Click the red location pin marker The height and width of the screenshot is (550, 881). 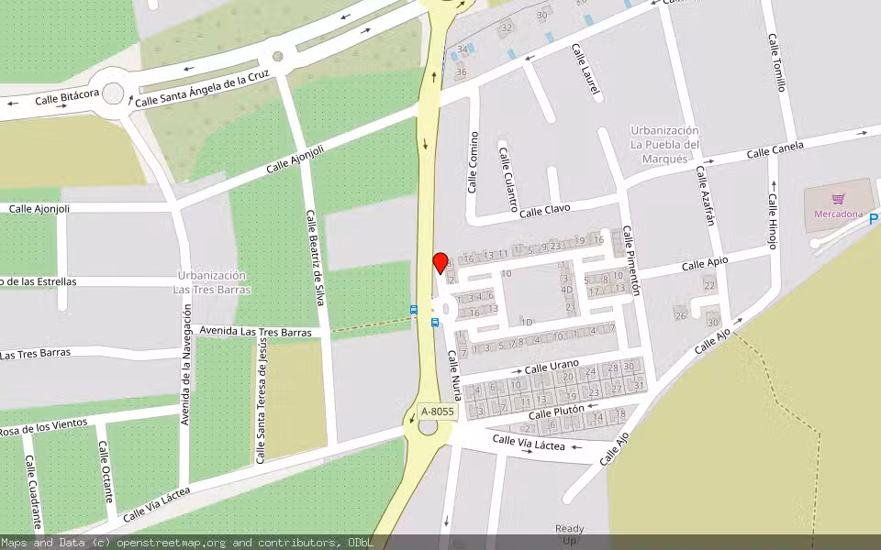(440, 263)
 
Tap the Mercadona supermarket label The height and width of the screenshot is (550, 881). (838, 214)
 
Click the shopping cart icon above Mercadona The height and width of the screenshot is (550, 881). (838, 198)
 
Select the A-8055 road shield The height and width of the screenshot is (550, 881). (437, 412)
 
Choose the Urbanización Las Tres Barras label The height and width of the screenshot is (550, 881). (211, 282)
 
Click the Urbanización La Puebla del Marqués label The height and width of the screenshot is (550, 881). (664, 145)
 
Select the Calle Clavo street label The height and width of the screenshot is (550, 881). (545, 212)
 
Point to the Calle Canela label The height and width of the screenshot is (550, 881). (775, 149)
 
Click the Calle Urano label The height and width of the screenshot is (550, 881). (552, 366)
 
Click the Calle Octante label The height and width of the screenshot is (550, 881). (106, 471)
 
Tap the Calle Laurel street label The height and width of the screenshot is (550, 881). (585, 69)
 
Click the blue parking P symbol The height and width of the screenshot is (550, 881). (874, 219)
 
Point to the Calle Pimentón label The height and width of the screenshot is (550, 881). (630, 260)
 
